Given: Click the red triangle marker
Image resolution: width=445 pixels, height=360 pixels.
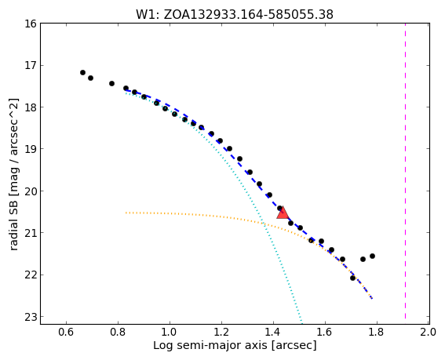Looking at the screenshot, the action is (x=283, y=213).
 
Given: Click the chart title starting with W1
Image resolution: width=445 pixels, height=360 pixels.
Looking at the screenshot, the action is (x=235, y=14).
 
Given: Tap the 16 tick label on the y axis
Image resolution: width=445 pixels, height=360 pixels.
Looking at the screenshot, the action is (x=31, y=24).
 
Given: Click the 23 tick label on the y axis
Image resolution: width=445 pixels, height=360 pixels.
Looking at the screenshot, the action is (x=31, y=317).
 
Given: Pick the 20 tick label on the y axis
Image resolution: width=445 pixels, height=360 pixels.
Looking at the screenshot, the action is (x=31, y=191).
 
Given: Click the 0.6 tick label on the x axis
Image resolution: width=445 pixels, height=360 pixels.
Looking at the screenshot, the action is (x=66, y=332).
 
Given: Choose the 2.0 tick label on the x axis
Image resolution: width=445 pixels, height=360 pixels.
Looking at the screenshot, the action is (x=429, y=332).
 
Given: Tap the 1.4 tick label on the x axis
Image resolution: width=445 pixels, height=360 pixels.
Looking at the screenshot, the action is (x=273, y=332).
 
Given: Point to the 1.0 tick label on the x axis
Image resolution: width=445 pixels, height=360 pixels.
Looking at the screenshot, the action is (x=170, y=332).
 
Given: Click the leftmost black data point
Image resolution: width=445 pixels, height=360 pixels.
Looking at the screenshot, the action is (x=82, y=73).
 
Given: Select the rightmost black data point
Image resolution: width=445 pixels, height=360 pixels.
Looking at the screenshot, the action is (x=372, y=256).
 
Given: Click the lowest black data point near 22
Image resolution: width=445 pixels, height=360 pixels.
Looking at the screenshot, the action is (x=352, y=278).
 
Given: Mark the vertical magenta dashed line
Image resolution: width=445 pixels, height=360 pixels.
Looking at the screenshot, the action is (x=405, y=171).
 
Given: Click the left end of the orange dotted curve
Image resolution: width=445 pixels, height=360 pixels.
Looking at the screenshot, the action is (x=126, y=213).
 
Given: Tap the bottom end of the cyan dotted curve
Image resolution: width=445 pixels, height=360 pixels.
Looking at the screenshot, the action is (x=302, y=323).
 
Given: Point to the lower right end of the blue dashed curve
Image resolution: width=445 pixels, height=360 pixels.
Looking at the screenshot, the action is (x=372, y=299).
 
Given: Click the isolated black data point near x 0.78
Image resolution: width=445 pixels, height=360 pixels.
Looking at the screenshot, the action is (x=111, y=83).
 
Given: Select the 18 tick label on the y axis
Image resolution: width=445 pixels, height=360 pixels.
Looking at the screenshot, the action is (x=31, y=107).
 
